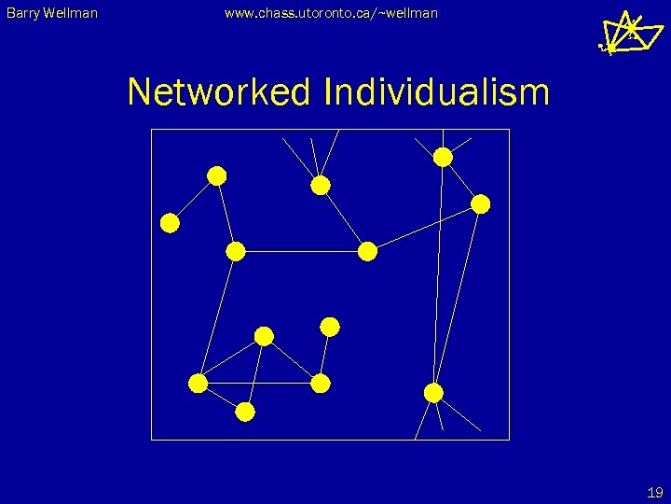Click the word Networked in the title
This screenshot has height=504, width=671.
coord(220,92)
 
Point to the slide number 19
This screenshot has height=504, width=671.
coord(654,492)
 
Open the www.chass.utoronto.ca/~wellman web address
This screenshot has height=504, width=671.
coord(330,13)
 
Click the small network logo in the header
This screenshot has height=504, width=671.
coord(620,33)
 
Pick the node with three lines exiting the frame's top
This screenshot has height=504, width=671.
coord(321,186)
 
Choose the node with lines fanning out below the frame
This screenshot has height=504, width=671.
coord(433,393)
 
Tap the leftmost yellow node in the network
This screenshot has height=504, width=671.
coord(170,223)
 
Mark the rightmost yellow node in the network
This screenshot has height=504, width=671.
coord(481,204)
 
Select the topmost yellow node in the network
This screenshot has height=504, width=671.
coord(444,157)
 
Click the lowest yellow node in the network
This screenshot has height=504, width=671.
coord(245,412)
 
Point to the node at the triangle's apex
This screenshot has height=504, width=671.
coord(265,336)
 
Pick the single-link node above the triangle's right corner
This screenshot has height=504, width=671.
coord(330,327)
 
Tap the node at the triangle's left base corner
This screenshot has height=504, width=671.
coord(198,384)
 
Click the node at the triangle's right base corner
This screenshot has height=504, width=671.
coord(321,384)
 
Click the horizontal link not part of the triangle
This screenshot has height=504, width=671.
coord(302,251)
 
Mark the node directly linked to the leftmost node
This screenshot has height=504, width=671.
coord(217,175)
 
